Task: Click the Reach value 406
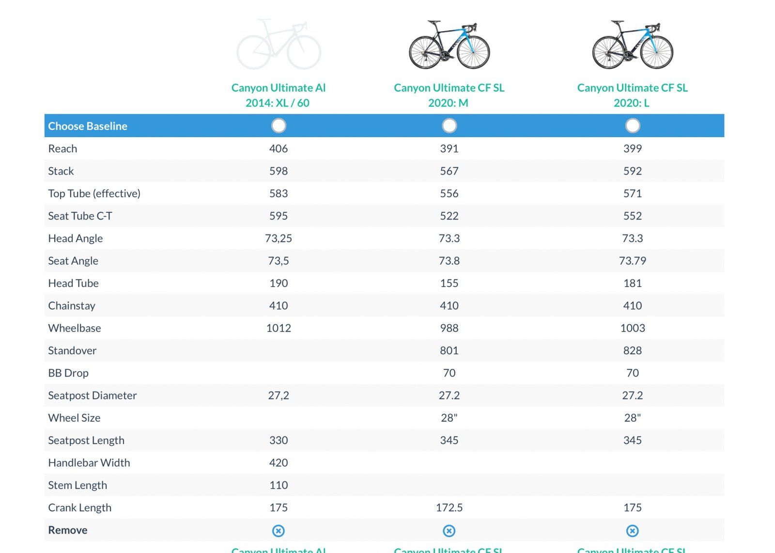coord(278,149)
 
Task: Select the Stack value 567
coord(449,171)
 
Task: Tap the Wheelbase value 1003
coord(632,328)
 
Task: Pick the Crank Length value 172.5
coord(449,507)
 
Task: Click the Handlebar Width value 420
coord(278,463)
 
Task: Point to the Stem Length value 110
coord(278,485)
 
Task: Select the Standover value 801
coord(449,350)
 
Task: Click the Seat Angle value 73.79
coord(632,261)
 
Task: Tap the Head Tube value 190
coord(278,283)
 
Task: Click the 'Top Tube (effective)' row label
coord(94,193)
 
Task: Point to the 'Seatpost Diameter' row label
coord(92,395)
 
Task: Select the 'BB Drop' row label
coord(68,373)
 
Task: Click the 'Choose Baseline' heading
coord(88,126)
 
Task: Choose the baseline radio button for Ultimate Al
coord(279,126)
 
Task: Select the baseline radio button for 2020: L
coord(632,126)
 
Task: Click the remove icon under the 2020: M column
coord(449,531)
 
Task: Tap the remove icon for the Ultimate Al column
coord(278,531)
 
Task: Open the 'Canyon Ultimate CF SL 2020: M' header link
coord(449,95)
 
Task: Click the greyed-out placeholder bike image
coord(279,45)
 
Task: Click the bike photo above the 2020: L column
coord(632,45)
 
